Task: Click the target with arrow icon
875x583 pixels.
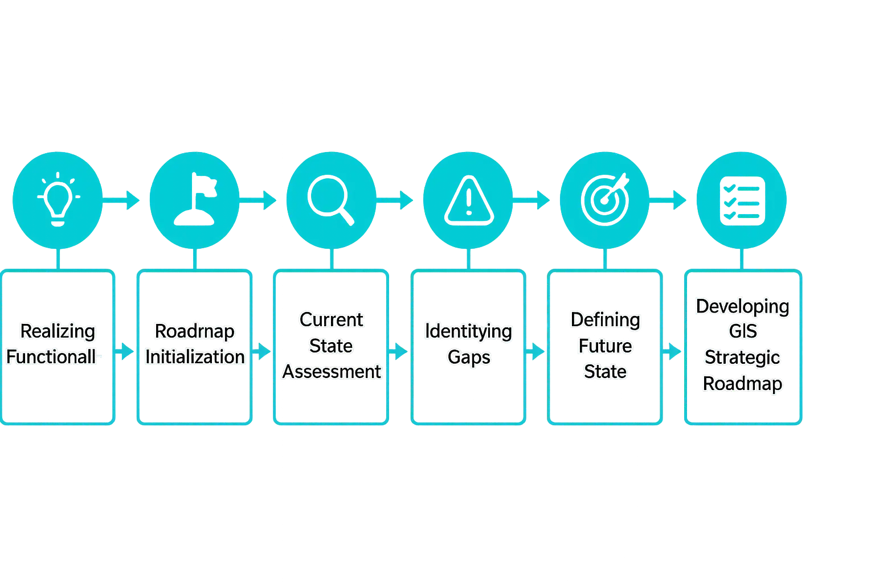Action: coord(606,199)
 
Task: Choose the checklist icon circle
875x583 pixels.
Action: coord(742,199)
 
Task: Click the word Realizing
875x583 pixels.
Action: coord(58,331)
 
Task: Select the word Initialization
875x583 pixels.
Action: coord(195,357)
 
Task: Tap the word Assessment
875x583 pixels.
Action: coord(332,372)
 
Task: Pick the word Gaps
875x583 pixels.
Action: coord(469,358)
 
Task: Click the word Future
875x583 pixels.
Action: coord(605,346)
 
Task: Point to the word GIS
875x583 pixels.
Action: coord(742,331)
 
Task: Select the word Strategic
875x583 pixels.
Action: coord(742,358)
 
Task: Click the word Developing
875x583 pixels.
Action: coord(742,307)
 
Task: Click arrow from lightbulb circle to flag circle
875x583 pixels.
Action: coord(122,200)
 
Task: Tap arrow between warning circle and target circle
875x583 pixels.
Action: coord(532,200)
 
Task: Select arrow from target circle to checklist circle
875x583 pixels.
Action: coord(670,200)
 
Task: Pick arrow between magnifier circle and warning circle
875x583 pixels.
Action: coord(395,200)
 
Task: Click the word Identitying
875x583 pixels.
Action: coord(468,331)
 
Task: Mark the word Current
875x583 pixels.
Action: coord(332,320)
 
